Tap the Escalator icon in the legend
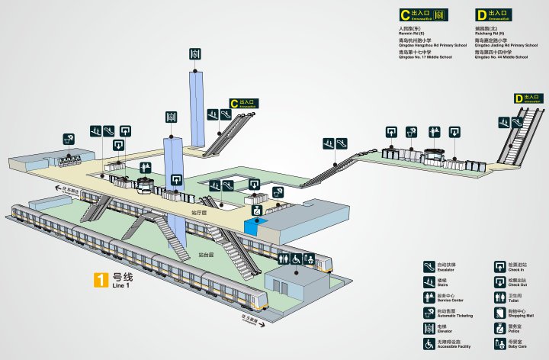click(429, 267)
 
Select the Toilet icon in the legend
click(499, 297)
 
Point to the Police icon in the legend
click(499, 328)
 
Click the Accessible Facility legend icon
click(429, 345)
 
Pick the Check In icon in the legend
click(499, 267)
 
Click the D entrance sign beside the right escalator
click(528, 98)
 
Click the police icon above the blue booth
click(257, 209)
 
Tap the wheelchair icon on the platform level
click(296, 259)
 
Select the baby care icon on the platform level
click(310, 259)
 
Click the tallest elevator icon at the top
click(196, 54)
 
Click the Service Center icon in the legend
click(429, 297)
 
